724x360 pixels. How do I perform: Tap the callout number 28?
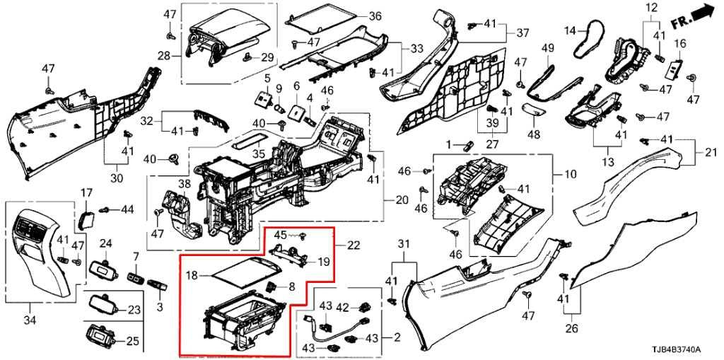(163, 56)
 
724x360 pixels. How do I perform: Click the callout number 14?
(570, 30)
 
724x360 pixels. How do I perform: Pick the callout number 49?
(547, 47)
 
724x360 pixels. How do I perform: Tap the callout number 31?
(403, 245)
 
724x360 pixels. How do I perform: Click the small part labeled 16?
(675, 69)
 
